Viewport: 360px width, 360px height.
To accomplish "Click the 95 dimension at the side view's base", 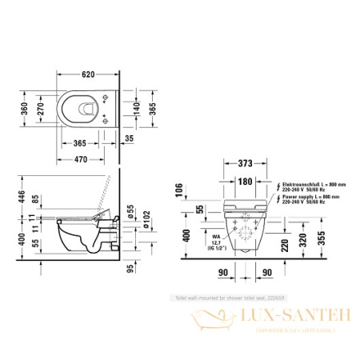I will [130, 270].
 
